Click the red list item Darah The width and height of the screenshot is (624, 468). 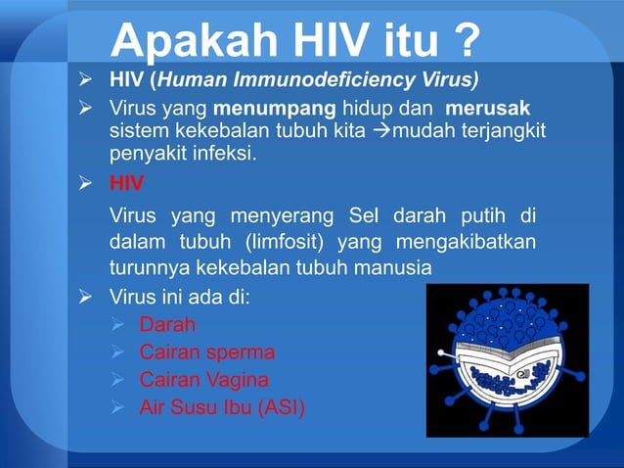coord(167,325)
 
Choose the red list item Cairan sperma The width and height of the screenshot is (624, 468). coord(206,351)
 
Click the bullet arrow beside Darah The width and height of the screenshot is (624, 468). coord(119,325)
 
